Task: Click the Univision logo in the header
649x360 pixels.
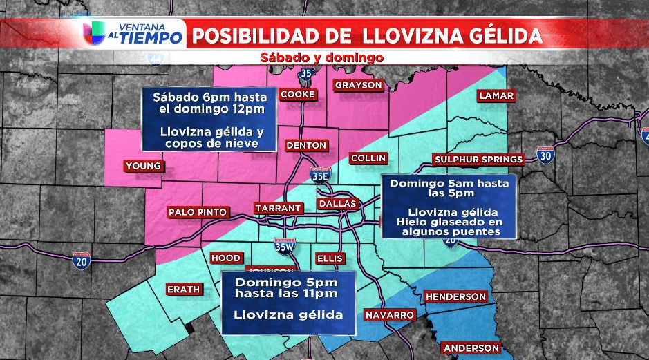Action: coord(95,33)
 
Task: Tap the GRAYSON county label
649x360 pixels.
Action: coord(358,85)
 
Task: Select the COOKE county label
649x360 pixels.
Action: coord(299,94)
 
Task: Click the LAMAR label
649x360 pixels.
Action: coord(496,96)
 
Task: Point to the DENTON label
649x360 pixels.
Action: coord(305,145)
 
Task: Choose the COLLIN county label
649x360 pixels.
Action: coord(368,158)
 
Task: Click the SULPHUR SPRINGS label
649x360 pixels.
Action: coord(478,160)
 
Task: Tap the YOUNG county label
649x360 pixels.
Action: coord(144,166)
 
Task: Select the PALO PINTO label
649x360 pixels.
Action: coord(197,212)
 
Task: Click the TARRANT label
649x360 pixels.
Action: coord(278,208)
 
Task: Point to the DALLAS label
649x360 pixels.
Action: coord(337,204)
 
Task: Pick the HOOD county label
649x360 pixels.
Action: coord(226,258)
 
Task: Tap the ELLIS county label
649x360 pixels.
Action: coord(329,258)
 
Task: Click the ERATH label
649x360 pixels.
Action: coord(183,289)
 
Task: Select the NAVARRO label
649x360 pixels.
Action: coord(391,315)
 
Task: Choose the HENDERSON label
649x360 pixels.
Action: coord(455,296)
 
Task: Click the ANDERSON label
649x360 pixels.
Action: coord(471,348)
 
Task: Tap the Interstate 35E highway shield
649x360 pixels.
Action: coord(320,176)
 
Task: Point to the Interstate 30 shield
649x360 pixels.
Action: coord(546,156)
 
